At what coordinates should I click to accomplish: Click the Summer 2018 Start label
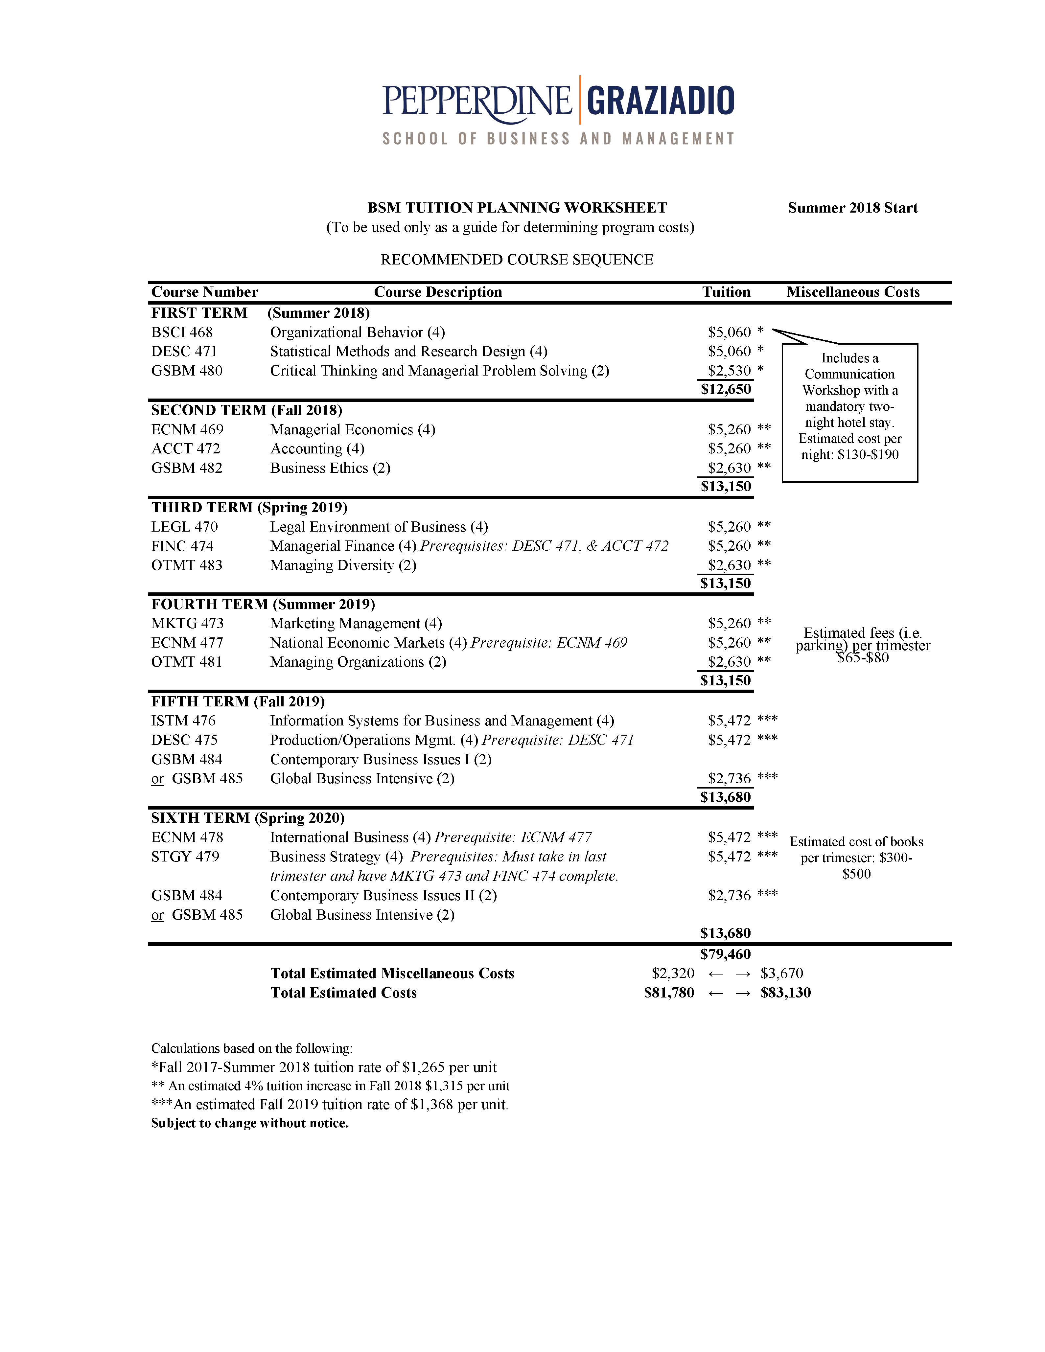[x=852, y=208]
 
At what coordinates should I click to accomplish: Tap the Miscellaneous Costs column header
[x=852, y=292]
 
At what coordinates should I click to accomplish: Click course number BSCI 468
[x=182, y=332]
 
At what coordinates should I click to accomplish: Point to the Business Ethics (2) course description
[x=330, y=468]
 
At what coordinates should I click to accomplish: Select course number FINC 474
[x=182, y=546]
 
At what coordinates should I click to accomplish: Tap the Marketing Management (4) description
[x=356, y=623]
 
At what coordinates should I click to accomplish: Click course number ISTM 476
[x=183, y=721]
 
